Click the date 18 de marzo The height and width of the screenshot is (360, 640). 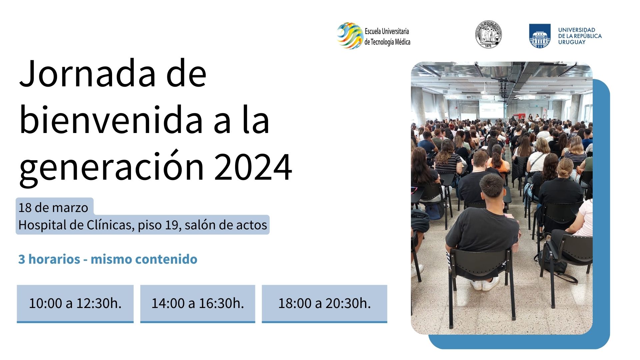point(53,208)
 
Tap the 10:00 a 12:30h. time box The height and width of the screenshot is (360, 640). point(75,304)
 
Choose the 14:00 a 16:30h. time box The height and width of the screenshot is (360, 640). point(198,304)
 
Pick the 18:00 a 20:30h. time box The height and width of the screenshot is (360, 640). point(324,304)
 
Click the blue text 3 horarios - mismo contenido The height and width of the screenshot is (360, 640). point(108,259)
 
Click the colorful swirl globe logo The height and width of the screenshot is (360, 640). point(349,36)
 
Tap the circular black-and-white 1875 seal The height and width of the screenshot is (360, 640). point(488,34)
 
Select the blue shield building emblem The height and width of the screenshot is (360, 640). point(540,36)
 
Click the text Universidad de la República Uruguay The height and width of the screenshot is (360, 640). point(580,36)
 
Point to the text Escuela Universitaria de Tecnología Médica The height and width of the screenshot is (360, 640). point(387,37)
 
